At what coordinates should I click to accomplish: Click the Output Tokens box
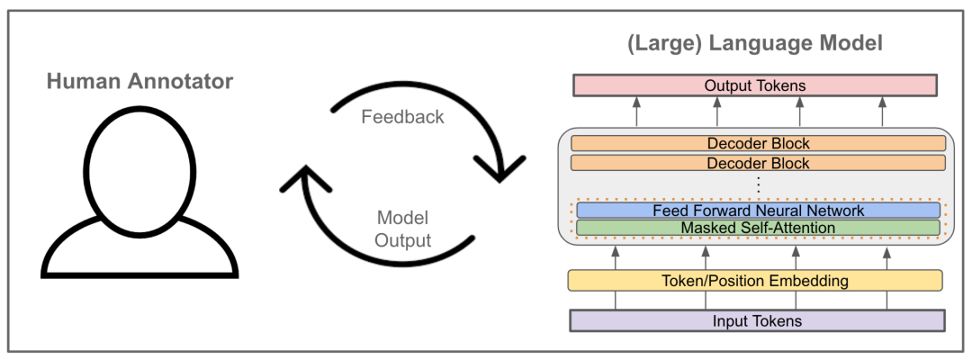(x=754, y=85)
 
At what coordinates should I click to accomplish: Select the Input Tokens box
(x=756, y=320)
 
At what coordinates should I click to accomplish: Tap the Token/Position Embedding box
(x=755, y=281)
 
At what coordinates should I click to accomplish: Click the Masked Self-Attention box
(x=756, y=229)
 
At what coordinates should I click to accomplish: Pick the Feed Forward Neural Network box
(x=756, y=211)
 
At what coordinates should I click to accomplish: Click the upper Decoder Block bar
(x=756, y=144)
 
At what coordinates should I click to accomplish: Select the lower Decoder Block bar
(x=756, y=163)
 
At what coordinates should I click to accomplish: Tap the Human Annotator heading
(x=139, y=82)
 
